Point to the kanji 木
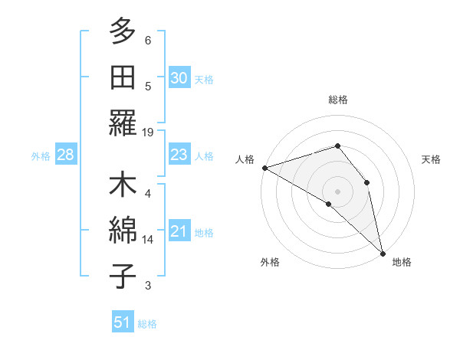click(123, 186)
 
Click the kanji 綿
click(123, 231)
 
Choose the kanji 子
click(123, 277)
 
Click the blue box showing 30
click(179, 78)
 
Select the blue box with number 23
click(179, 155)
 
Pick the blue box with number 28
click(66, 155)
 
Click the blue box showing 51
click(123, 322)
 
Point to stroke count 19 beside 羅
click(148, 133)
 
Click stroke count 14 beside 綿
click(148, 240)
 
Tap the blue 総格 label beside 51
click(147, 324)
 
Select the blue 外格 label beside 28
click(41, 156)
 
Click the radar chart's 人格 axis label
click(245, 159)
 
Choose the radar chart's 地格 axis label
click(402, 263)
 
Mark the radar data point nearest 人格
click(264, 168)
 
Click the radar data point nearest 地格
click(383, 253)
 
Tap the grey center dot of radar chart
click(337, 190)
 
